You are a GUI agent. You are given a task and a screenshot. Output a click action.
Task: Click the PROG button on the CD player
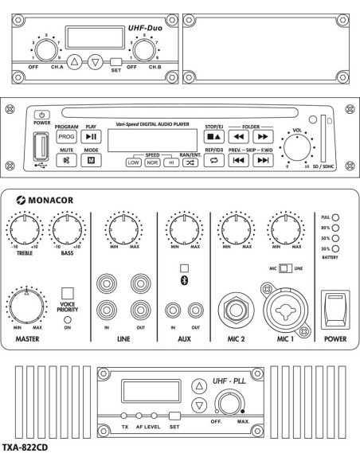(x=66, y=137)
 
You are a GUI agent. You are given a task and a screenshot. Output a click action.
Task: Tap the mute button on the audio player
(x=66, y=160)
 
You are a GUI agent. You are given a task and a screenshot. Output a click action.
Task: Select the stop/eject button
(x=213, y=137)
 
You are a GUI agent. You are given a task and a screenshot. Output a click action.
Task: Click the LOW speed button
(x=134, y=162)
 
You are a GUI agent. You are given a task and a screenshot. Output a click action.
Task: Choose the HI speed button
(x=171, y=162)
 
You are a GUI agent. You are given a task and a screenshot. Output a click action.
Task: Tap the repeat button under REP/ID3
(x=213, y=160)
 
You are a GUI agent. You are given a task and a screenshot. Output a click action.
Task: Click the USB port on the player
(x=41, y=147)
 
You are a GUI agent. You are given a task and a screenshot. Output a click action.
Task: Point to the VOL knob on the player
(x=297, y=147)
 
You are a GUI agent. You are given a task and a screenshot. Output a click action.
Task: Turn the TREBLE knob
(x=25, y=229)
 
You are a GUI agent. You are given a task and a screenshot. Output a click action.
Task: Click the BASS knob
(x=68, y=229)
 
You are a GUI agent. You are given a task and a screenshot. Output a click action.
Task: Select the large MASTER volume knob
(x=27, y=306)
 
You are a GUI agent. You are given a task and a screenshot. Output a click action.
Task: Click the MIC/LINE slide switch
(x=286, y=268)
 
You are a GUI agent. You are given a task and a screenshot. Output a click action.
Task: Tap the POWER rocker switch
(x=335, y=310)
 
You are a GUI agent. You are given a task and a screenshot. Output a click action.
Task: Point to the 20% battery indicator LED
(x=335, y=248)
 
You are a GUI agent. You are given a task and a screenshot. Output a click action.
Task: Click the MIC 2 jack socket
(x=236, y=310)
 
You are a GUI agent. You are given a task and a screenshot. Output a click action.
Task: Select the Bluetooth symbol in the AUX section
(x=184, y=280)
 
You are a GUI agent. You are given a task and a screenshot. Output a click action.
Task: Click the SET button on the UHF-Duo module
(x=116, y=62)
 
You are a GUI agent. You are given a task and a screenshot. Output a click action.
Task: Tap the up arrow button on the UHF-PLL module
(x=199, y=386)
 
